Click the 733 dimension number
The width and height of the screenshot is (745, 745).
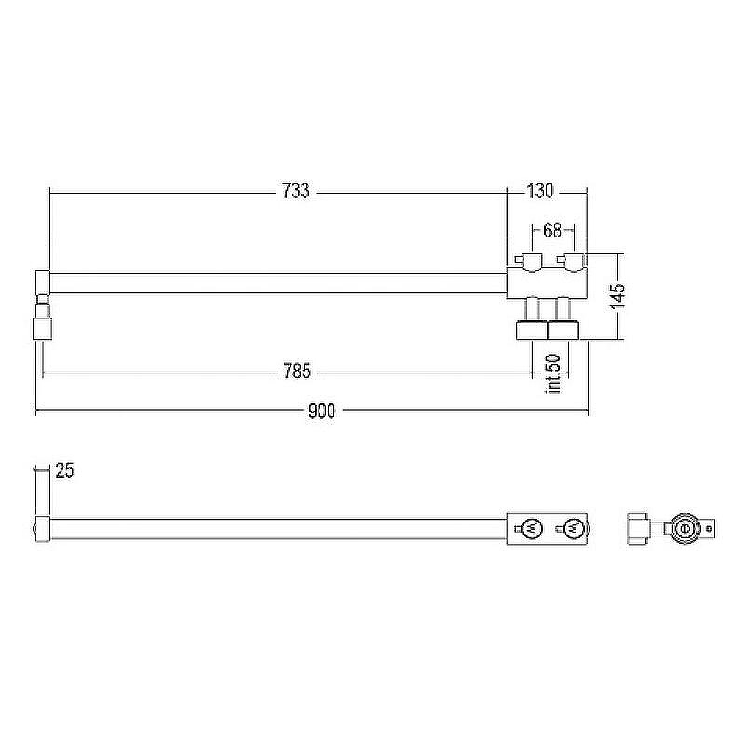(295, 191)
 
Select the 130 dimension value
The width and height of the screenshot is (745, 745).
(540, 191)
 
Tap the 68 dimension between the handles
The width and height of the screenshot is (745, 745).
(552, 230)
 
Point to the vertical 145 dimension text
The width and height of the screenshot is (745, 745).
(617, 296)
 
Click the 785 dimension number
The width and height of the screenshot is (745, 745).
(297, 371)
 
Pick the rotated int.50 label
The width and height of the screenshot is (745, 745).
(554, 373)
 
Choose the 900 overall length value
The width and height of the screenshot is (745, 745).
(321, 411)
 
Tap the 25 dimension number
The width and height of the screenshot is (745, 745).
(64, 470)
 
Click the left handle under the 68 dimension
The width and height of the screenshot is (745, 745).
(529, 262)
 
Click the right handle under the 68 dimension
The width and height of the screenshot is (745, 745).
(571, 262)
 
